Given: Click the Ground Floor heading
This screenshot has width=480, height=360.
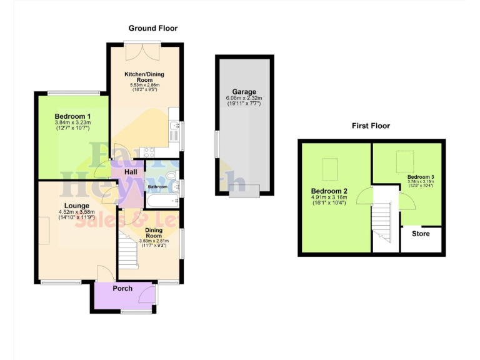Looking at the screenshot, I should coord(153,28).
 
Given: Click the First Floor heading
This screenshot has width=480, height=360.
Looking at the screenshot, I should coord(370,126).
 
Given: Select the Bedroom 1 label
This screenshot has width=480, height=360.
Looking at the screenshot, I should coord(72,116).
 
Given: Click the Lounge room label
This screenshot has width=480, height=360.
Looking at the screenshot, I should coord(76,206).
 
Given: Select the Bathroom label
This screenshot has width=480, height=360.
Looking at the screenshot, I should coord(157,187).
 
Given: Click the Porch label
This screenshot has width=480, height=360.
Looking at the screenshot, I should coord(122,288).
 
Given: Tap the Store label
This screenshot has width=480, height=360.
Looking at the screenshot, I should coord(421,234).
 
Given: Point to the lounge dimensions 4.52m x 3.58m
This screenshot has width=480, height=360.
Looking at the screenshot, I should coord(76,212).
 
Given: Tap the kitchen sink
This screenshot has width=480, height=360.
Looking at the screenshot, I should coord(174,131).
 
